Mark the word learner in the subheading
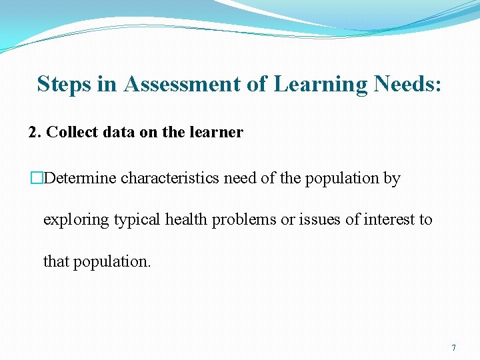(217, 132)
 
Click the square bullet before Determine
(36, 179)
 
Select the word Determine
(81, 179)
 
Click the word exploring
(73, 219)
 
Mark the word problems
(244, 219)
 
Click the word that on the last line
(57, 261)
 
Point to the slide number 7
(453, 348)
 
